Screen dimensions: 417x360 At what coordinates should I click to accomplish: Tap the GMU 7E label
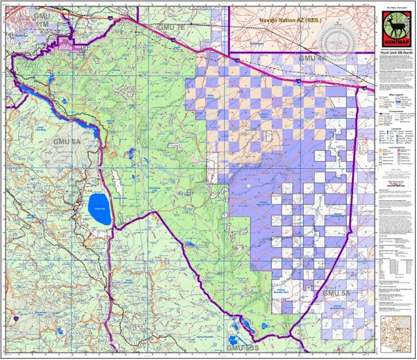172,26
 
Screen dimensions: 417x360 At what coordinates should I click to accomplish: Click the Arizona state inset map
395,332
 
